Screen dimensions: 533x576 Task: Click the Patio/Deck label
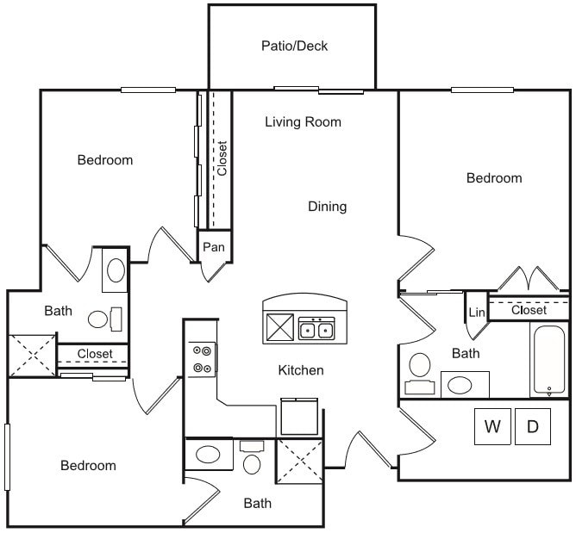(294, 46)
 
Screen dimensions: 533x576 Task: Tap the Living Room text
(303, 121)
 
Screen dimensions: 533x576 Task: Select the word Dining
(327, 207)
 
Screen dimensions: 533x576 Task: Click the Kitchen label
(301, 370)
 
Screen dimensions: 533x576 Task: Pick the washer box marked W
(492, 426)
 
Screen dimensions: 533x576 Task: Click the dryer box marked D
(533, 426)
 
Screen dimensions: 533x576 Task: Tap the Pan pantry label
(214, 247)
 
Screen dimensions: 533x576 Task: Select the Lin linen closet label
(475, 311)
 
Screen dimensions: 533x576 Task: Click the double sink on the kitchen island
(316, 328)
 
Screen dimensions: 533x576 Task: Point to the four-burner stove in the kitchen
(203, 359)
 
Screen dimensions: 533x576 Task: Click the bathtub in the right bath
(548, 359)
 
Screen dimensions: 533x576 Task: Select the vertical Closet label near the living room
(222, 158)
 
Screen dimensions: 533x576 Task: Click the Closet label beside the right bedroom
(529, 310)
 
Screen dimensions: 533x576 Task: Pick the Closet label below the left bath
(94, 354)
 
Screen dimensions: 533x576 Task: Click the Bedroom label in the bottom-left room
(88, 466)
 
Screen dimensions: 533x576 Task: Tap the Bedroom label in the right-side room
(494, 178)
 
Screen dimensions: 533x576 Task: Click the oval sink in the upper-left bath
(115, 273)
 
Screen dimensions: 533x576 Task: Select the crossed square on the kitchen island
(280, 328)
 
